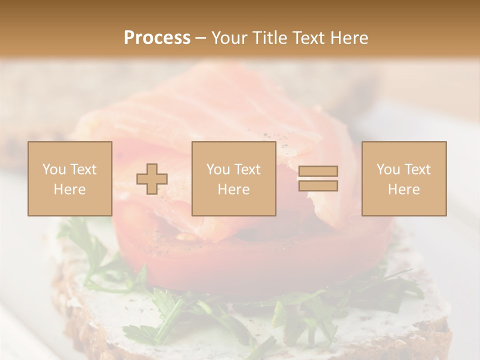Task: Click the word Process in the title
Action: click(157, 38)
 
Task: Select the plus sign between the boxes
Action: click(152, 179)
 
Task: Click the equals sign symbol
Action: click(318, 178)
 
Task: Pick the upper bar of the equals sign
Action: click(318, 171)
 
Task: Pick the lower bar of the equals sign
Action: click(318, 186)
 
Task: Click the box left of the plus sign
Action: click(69, 178)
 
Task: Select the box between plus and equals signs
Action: click(233, 178)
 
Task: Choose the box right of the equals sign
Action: click(404, 178)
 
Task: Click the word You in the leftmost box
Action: click(53, 169)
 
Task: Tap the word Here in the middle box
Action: click(233, 189)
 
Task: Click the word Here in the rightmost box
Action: click(404, 189)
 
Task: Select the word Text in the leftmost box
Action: click(83, 169)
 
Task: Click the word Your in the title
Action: click(228, 38)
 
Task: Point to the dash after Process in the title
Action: click(200, 38)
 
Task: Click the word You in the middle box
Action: click(218, 169)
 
